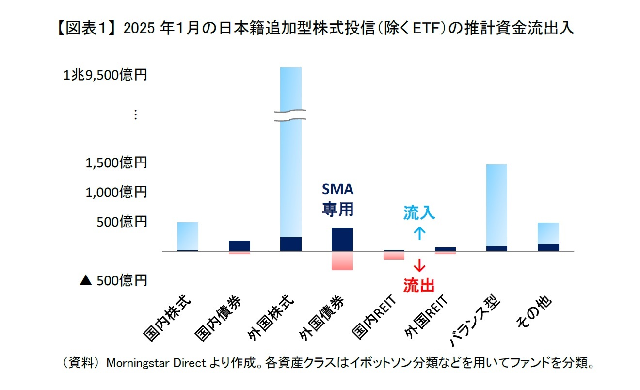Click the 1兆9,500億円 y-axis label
tap(105, 76)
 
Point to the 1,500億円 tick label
tap(116, 163)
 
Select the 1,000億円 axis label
tap(116, 192)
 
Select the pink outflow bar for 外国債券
tap(342, 260)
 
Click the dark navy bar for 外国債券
tap(342, 239)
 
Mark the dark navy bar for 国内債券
tap(240, 245)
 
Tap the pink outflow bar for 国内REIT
tap(394, 255)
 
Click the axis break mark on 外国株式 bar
tap(290, 115)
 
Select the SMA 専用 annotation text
tap(338, 200)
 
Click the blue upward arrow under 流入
tap(419, 233)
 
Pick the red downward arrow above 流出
tap(419, 265)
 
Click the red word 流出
tap(419, 285)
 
